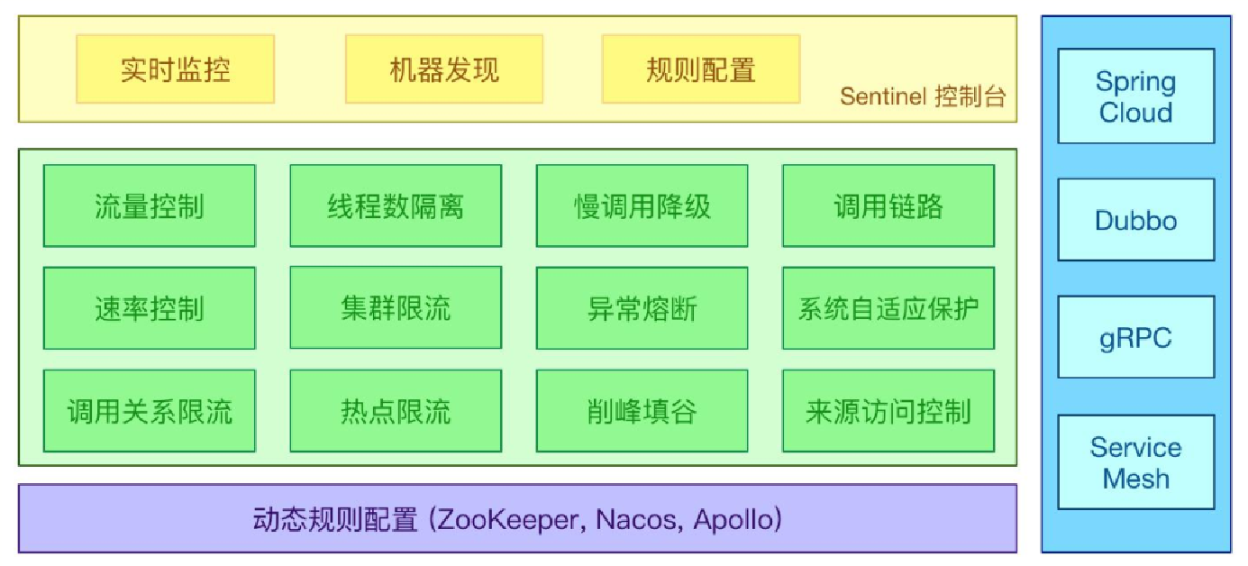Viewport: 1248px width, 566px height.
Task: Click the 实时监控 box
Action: [175, 69]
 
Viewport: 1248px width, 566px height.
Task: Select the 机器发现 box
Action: [444, 69]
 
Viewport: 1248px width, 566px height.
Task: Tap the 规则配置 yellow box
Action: [701, 69]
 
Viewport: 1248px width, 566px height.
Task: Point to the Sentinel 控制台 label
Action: [923, 96]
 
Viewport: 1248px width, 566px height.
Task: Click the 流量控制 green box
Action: [150, 205]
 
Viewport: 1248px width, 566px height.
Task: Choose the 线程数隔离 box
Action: [396, 205]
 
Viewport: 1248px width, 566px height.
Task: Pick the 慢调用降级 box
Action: [642, 205]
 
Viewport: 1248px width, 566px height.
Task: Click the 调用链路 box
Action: [888, 205]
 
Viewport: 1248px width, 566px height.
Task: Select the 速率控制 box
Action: [150, 308]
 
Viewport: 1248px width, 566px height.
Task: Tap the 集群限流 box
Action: [396, 308]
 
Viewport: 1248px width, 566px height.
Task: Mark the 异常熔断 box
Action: [642, 308]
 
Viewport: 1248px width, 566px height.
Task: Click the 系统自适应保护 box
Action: [888, 308]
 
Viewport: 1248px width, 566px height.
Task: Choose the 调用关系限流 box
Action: [150, 411]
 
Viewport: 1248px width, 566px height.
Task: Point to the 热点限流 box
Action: [396, 411]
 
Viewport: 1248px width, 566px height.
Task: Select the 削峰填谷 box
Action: [642, 411]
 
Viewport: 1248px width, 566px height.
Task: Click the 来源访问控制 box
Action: [888, 411]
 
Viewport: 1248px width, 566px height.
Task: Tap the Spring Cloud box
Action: [1136, 96]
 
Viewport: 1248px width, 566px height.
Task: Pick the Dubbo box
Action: [1136, 220]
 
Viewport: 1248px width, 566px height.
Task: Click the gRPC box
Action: [1136, 337]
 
